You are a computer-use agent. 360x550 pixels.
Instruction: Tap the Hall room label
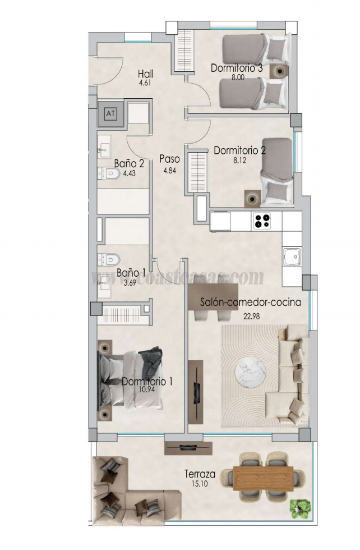pos(146,74)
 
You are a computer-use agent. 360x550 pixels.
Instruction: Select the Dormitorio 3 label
pos(237,68)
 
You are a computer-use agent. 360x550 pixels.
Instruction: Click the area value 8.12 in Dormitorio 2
pos(239,160)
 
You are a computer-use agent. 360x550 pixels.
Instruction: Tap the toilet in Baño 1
pos(110,259)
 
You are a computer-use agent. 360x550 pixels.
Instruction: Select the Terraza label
pos(200,474)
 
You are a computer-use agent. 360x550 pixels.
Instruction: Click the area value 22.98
pos(251,315)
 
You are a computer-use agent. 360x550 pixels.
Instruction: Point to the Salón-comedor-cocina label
pos(251,302)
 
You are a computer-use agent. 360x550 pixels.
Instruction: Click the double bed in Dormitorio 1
pos(131,379)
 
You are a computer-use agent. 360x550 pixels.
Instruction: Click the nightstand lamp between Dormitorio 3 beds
pos(279,71)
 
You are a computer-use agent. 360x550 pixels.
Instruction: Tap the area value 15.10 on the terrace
pos(200,483)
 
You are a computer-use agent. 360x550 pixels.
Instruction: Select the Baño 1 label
pos(131,273)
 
